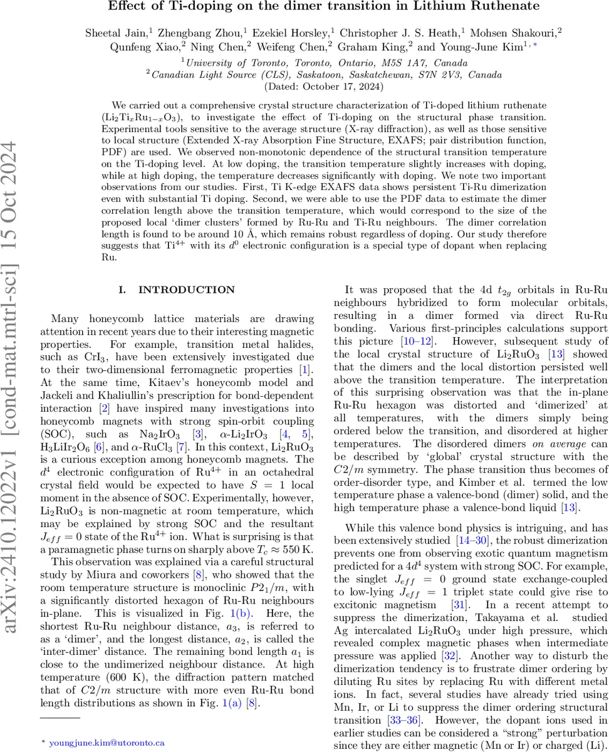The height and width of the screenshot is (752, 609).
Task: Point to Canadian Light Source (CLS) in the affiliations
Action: [x=217, y=74]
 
